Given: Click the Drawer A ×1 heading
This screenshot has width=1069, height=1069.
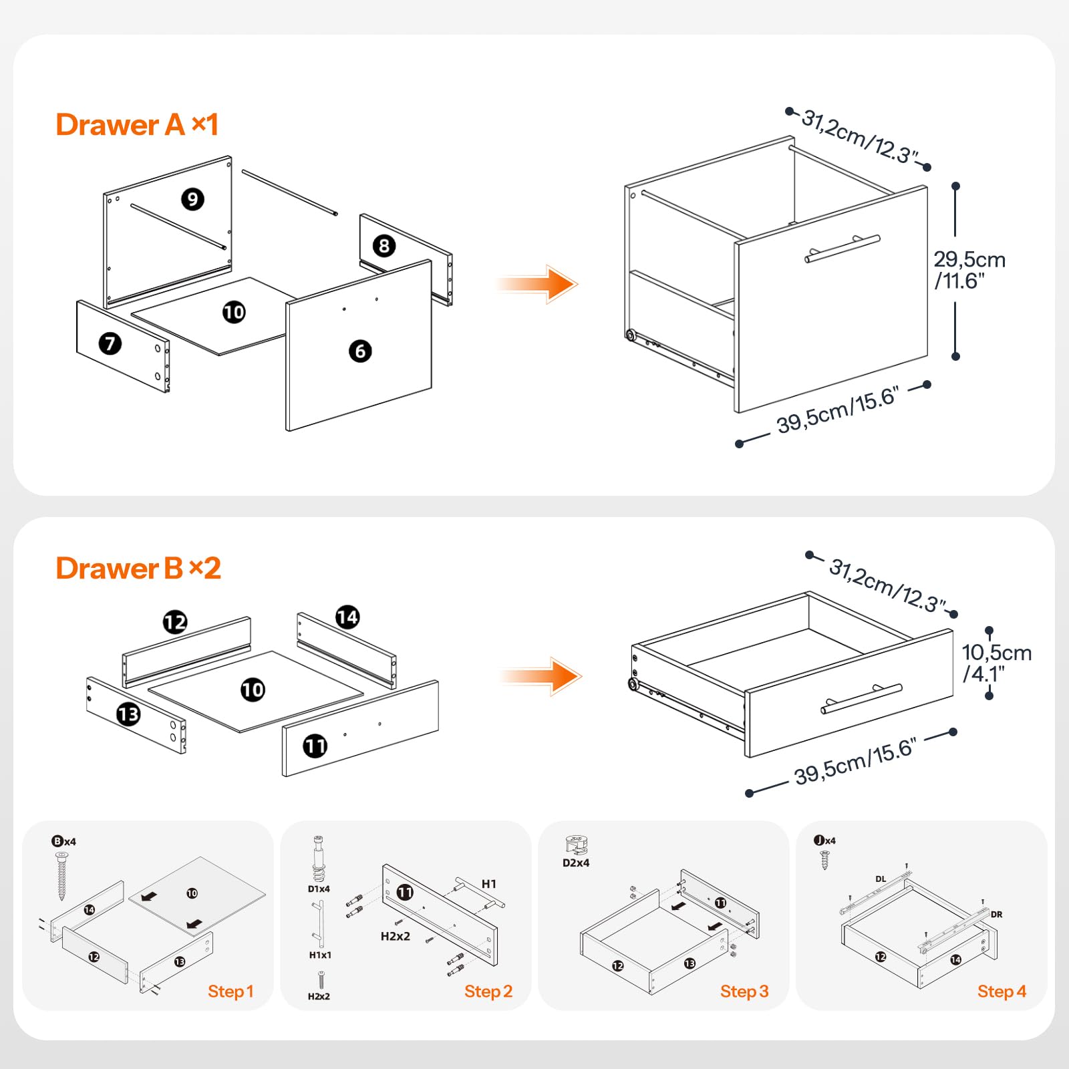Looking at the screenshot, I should coord(137,125).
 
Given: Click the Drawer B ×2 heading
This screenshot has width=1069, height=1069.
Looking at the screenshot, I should coord(138,569).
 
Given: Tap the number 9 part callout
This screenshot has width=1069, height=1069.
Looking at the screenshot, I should coord(192,198).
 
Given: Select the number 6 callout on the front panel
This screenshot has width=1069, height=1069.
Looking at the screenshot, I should coord(360,351).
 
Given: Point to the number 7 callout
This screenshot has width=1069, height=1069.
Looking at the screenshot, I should coord(110,343).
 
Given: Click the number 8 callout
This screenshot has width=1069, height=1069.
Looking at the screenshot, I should coord(384,245).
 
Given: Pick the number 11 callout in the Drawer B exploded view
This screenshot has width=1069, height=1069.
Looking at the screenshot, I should coord(315,746).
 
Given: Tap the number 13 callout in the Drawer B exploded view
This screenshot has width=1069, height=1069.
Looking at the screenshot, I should coord(128,714).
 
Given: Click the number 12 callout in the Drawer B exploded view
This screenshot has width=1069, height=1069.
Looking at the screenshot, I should coord(175,622).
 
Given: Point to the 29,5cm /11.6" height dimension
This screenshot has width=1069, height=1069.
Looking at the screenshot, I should coord(969,269).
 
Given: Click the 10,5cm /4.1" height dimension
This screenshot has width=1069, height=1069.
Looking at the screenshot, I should coord(996,663).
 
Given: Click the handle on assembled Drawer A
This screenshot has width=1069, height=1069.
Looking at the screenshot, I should coord(842,248).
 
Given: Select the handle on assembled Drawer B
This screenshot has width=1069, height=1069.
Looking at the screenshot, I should coord(861,698).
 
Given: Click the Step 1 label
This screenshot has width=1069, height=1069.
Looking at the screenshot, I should coord(231,991).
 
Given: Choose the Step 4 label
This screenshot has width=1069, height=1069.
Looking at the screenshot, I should coord(1001,991).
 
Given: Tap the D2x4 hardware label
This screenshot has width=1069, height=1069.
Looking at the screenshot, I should coord(575,863).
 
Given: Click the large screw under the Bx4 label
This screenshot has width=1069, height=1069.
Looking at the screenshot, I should coord(62,875).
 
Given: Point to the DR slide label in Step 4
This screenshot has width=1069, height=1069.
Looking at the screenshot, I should coord(996,915).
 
